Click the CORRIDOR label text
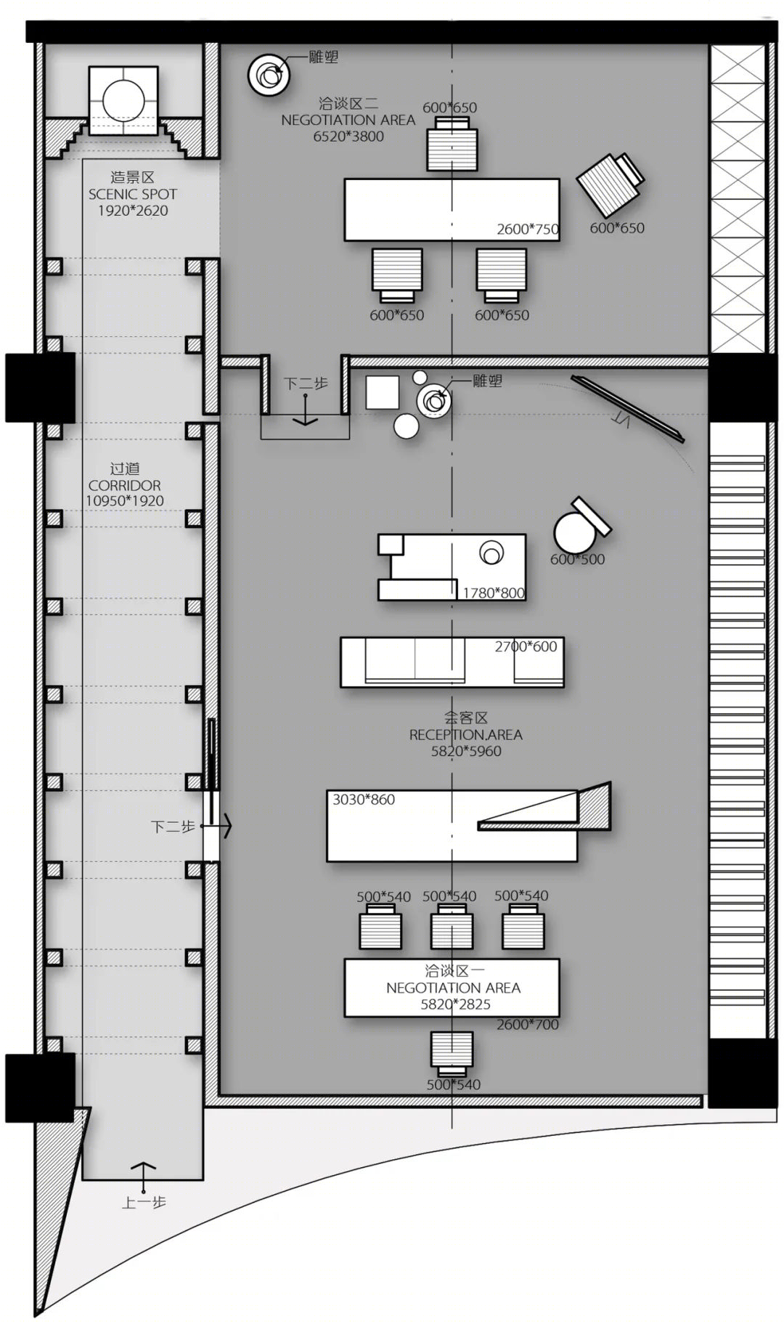(125, 485)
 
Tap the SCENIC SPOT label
(133, 194)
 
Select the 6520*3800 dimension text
(348, 137)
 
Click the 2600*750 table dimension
(528, 229)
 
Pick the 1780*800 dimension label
(494, 593)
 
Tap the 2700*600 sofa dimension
(526, 646)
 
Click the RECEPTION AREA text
(466, 734)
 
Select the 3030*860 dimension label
(364, 800)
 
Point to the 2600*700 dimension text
(528, 1025)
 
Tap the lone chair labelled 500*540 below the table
(452, 1053)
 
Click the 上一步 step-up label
(144, 1202)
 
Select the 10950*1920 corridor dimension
(125, 500)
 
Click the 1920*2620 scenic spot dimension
(133, 211)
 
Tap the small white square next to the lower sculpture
(383, 392)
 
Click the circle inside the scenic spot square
(123, 101)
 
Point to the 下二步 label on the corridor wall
(173, 827)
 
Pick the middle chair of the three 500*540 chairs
(452, 927)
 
